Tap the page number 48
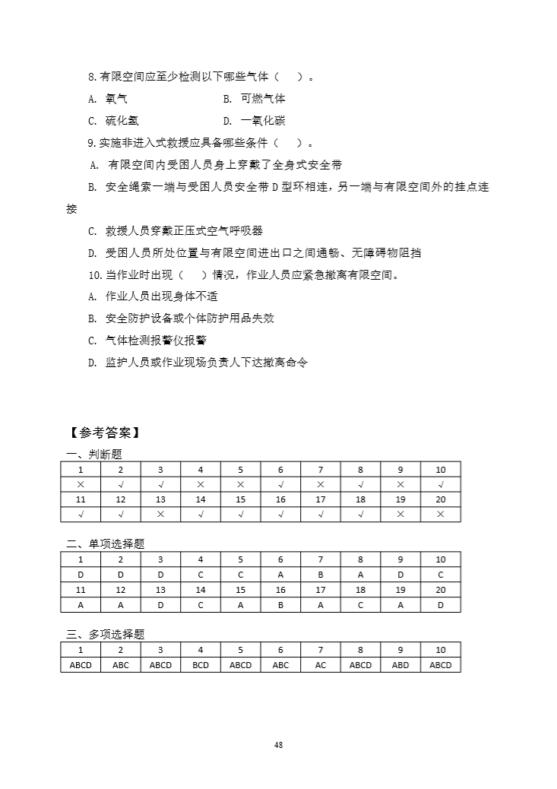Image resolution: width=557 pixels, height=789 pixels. (278, 745)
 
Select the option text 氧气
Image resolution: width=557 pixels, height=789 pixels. (116, 99)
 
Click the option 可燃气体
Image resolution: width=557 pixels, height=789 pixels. (263, 99)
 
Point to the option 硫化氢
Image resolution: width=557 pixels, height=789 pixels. (122, 121)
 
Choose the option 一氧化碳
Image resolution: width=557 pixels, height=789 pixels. (263, 121)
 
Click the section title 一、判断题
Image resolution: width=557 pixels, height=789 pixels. (94, 454)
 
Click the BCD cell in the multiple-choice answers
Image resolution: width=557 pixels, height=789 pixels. (201, 665)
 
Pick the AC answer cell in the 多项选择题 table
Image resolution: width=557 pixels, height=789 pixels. (321, 665)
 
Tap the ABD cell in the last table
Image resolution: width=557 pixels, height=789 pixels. (400, 665)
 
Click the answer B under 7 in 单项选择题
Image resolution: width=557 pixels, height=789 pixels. (321, 575)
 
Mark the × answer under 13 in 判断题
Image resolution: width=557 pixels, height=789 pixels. (160, 515)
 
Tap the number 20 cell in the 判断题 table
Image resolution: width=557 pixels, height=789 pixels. (441, 499)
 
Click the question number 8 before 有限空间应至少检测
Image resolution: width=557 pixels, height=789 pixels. (92, 77)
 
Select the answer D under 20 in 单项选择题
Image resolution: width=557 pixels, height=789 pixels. (441, 605)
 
